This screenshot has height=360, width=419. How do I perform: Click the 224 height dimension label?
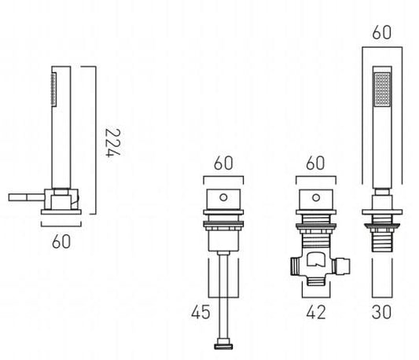click(112, 143)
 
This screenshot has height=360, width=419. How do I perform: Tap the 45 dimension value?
click(200, 312)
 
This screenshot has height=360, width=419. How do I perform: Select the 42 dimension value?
click(316, 312)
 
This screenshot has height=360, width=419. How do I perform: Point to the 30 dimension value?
click(381, 312)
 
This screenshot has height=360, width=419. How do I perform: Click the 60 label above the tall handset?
click(382, 32)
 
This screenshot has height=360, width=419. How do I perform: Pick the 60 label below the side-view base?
click(61, 241)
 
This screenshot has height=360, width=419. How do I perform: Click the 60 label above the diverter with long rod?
click(223, 163)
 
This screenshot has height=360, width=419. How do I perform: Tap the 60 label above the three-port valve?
click(315, 163)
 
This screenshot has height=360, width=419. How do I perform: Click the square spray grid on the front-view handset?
click(382, 89)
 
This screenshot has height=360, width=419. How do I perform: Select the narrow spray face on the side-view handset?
click(54, 90)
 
